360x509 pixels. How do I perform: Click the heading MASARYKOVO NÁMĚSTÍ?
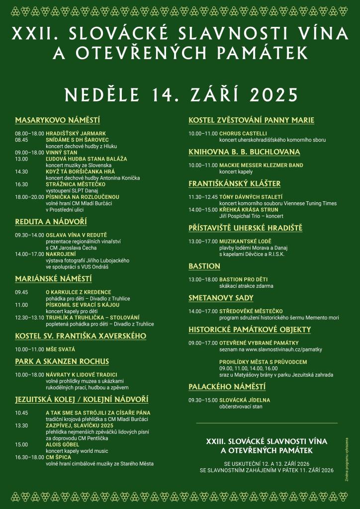tap(58, 120)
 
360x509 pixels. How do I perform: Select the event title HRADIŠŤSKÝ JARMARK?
tap(76, 134)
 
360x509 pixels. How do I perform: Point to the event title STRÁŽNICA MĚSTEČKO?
tap(76, 184)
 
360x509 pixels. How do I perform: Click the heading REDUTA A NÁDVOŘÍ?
tap(51, 222)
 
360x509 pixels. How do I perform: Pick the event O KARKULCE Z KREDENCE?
tap(78, 292)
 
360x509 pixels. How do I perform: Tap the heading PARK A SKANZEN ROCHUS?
tap(62, 361)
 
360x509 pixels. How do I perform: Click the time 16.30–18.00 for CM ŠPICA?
tap(29, 457)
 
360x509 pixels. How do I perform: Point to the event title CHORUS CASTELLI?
tap(243, 134)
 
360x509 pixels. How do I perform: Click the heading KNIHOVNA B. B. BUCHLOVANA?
tap(244, 152)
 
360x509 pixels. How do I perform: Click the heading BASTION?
tap(204, 266)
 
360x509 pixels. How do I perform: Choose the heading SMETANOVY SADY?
tap(221, 298)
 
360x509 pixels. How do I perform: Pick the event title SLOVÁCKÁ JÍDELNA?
tap(245, 400)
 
